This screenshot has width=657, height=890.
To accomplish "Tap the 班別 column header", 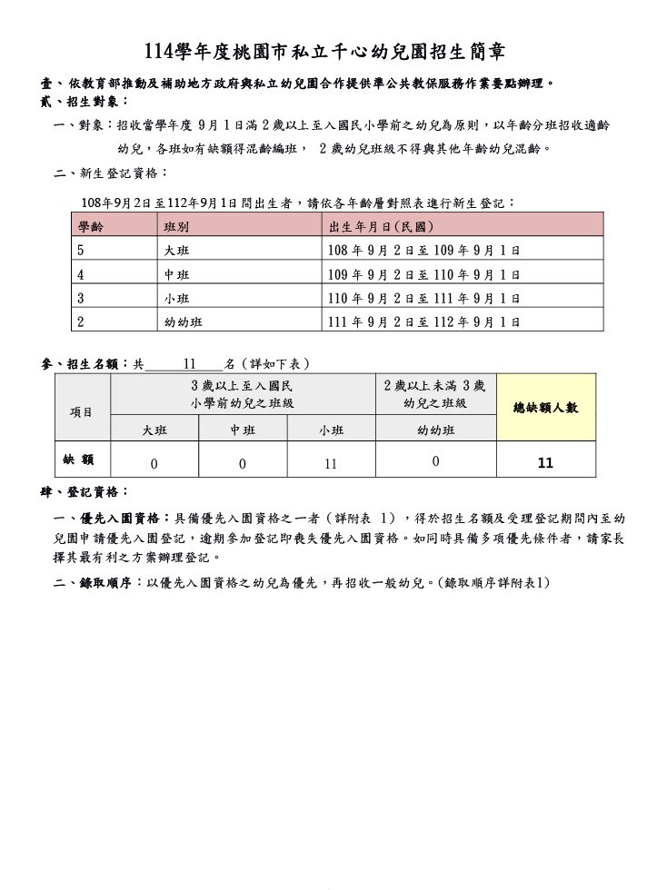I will (176, 226).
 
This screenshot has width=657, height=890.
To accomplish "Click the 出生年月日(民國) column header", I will (382, 226).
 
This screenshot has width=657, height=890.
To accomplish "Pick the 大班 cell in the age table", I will (176, 250).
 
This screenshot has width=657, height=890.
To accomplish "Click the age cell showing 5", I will (81, 250).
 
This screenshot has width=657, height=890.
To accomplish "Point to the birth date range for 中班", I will (423, 274).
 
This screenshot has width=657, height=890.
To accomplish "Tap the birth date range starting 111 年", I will (423, 321).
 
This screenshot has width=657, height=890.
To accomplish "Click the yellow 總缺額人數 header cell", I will (545, 408).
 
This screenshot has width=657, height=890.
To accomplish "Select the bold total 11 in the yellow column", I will (545, 462).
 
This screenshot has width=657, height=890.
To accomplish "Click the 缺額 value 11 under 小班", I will (331, 463).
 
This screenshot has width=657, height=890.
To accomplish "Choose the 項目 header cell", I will (82, 411).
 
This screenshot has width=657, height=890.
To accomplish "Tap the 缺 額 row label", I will (80, 460).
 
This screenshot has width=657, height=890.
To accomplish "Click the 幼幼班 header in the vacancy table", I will (435, 430).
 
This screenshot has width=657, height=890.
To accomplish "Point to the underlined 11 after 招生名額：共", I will (190, 363).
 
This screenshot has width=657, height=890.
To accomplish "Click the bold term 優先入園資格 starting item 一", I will (121, 518).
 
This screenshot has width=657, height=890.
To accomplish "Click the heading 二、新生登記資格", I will (111, 173).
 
